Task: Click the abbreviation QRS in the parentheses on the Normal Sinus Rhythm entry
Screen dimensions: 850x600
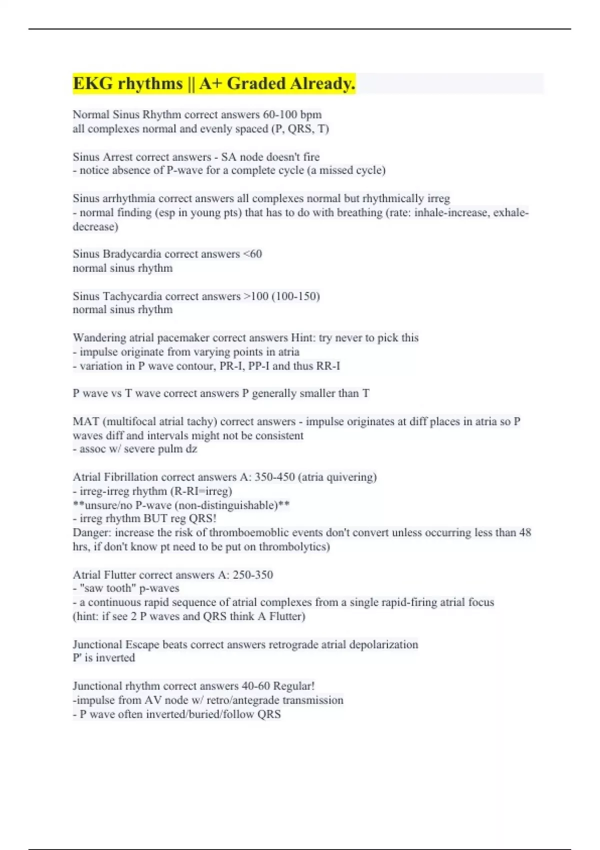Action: (300, 129)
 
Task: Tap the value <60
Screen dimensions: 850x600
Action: (252, 254)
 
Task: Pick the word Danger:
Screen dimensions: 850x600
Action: (92, 532)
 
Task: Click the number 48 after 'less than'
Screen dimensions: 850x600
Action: (525, 532)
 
